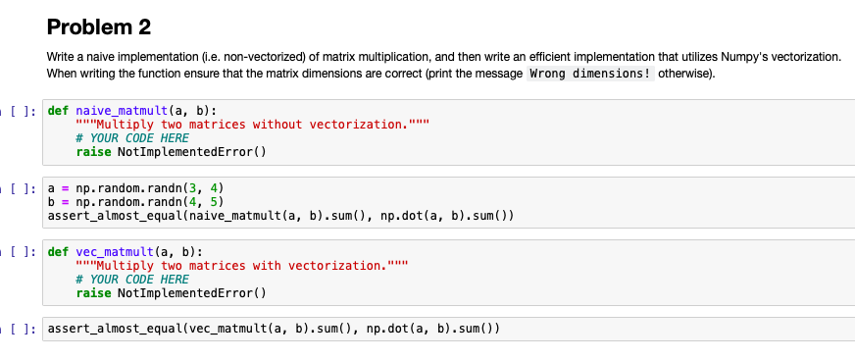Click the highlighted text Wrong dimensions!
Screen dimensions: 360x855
[x=591, y=75]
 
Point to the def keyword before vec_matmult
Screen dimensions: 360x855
[x=59, y=251]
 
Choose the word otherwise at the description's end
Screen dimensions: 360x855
[x=686, y=75]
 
